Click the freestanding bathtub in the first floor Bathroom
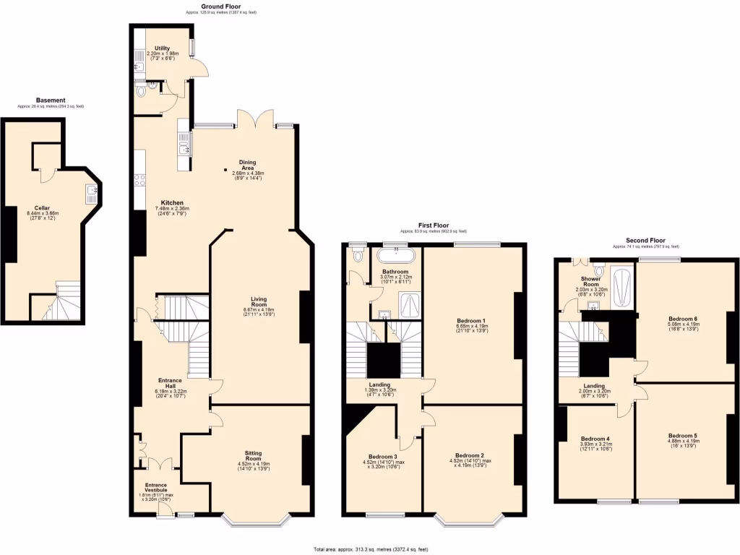click(395, 255)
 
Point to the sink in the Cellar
click(92, 192)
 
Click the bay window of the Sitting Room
click(257, 518)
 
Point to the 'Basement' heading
click(51, 100)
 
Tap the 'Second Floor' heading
click(646, 241)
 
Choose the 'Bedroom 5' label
click(681, 436)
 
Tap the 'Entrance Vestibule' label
click(155, 488)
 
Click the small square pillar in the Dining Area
click(225, 171)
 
